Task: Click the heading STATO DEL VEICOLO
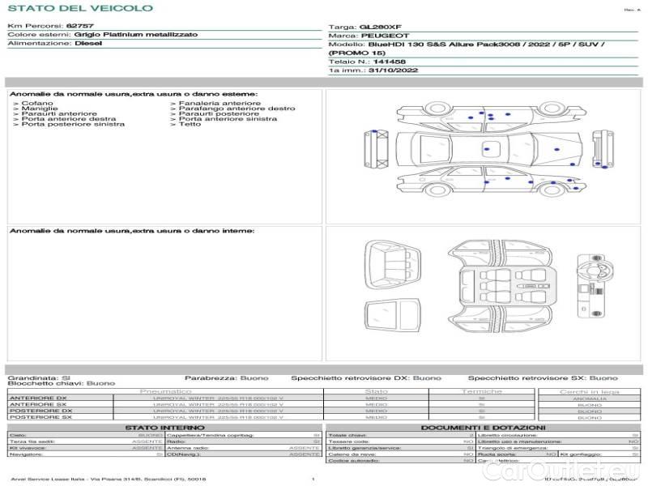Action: coord(80,8)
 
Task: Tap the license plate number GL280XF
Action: coord(379,27)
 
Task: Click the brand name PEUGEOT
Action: coord(380,36)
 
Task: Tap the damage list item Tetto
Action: coord(190,124)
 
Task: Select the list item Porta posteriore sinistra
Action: coord(72,124)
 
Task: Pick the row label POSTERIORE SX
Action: coord(40,417)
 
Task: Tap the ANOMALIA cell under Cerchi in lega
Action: coord(589,398)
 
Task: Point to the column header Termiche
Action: coord(482,391)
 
